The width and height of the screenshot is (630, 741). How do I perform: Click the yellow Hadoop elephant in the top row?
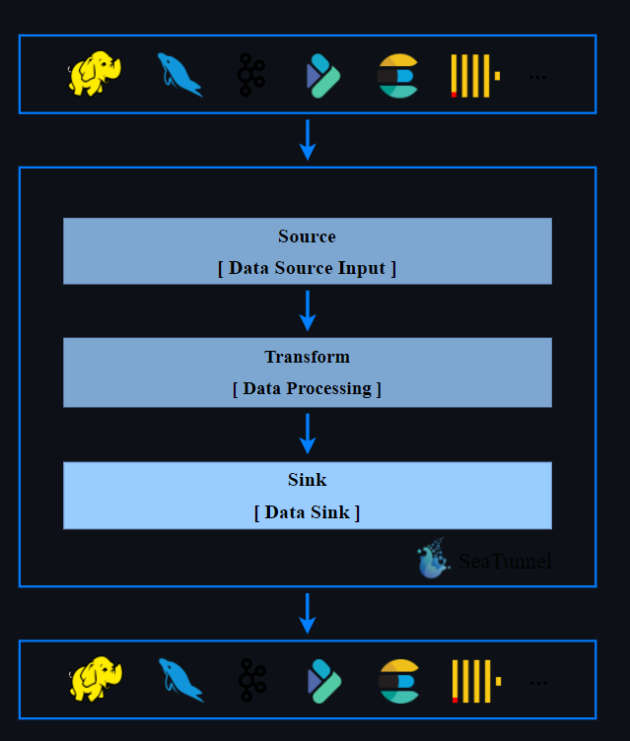pyautogui.click(x=94, y=75)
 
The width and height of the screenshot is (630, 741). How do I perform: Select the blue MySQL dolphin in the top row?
pyautogui.click(x=179, y=75)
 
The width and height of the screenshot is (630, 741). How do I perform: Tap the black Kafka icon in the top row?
pyautogui.click(x=250, y=75)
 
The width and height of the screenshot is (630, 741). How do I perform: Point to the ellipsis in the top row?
pyautogui.click(x=537, y=76)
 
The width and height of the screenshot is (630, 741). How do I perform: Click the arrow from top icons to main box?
pyautogui.click(x=308, y=139)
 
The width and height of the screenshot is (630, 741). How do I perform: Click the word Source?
pyautogui.click(x=307, y=236)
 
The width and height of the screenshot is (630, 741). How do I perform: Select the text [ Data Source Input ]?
pyautogui.click(x=307, y=268)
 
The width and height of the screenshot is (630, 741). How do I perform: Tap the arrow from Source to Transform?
pyautogui.click(x=308, y=309)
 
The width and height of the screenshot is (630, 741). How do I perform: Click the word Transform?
pyautogui.click(x=307, y=357)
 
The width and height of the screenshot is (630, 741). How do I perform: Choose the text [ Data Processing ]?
pyautogui.click(x=307, y=388)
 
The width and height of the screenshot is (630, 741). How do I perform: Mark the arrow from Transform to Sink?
pyautogui.click(x=308, y=434)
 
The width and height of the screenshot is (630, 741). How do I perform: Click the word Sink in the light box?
pyautogui.click(x=307, y=481)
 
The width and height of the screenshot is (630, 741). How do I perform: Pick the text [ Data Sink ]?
pyautogui.click(x=307, y=512)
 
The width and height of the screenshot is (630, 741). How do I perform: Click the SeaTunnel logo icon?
pyautogui.click(x=433, y=560)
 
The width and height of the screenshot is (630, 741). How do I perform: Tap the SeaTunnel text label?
pyautogui.click(x=505, y=563)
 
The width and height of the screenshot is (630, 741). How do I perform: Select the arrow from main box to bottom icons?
pyautogui.click(x=308, y=612)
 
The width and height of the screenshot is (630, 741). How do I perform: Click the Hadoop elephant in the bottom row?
pyautogui.click(x=95, y=680)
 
